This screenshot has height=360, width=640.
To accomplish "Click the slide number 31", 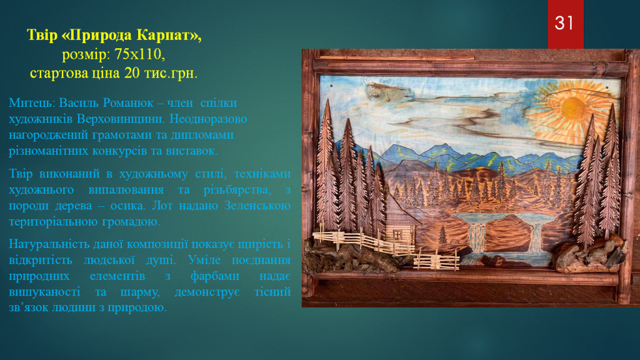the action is [x=564, y=23].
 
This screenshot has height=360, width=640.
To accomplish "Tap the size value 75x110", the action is [x=139, y=54].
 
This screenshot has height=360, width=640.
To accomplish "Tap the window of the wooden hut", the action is [x=397, y=234].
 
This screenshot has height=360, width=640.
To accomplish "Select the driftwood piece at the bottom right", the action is [x=587, y=255].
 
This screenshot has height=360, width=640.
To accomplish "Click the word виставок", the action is [x=191, y=151].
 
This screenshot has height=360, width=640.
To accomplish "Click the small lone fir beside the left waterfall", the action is [x=442, y=234].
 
